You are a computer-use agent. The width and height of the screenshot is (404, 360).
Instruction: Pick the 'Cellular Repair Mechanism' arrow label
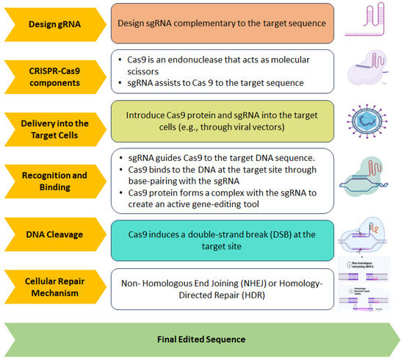tap(49, 286)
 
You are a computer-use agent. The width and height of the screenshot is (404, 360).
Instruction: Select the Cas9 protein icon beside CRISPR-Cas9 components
tap(369, 71)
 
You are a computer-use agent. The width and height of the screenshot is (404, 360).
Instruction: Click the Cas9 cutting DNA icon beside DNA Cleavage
tap(369, 233)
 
